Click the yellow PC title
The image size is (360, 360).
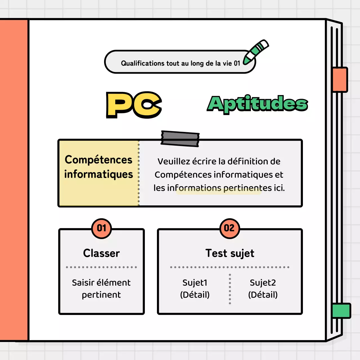point(134,105)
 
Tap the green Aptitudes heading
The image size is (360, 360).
point(257,104)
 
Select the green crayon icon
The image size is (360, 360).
point(256,51)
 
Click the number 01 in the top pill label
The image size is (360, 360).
point(237,63)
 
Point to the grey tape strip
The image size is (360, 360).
point(180,139)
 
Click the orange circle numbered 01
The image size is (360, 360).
point(102,228)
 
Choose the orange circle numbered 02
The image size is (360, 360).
point(229,228)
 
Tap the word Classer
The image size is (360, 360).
point(102,253)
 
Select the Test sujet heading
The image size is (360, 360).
point(230,253)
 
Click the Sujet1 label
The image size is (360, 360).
point(195,282)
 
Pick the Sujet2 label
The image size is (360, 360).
point(263,282)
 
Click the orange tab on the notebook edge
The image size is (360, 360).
point(340,80)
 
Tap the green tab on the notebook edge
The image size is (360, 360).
point(341,310)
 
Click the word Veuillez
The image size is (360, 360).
point(174,161)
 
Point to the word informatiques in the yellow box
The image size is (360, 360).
point(98,174)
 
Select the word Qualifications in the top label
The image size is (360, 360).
point(143,63)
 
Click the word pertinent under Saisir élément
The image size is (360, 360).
point(101,295)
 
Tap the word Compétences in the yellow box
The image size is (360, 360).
point(98,160)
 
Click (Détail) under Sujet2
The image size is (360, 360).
point(263,295)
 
